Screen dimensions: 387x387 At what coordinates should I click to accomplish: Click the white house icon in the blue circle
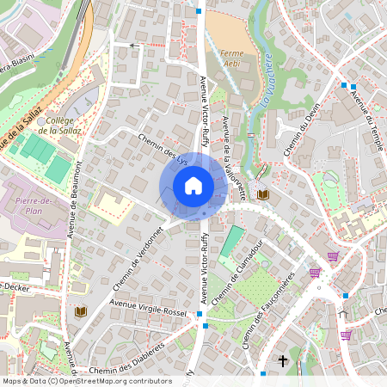pyautogui.click(x=193, y=185)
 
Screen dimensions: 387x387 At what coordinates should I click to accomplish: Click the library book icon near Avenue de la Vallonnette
pyautogui.click(x=263, y=196)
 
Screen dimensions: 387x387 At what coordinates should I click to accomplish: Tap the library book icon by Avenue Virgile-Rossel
pyautogui.click(x=81, y=310)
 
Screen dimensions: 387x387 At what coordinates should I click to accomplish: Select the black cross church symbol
pyautogui.click(x=282, y=361)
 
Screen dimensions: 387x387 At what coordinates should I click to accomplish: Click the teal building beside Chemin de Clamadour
pyautogui.click(x=230, y=242)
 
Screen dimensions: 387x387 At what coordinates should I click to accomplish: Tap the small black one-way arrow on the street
pyautogui.click(x=133, y=44)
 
